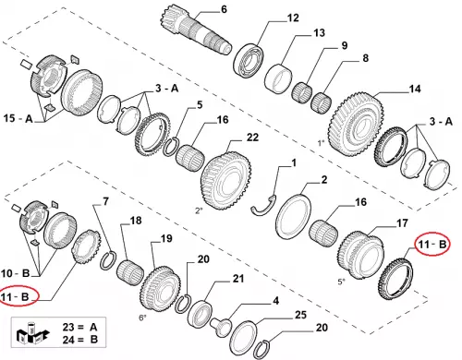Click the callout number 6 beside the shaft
224,9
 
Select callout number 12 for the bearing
293,18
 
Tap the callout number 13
319,32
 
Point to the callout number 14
415,89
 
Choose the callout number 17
402,223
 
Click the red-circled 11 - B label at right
432,245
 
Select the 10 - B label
15,273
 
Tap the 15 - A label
18,118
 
